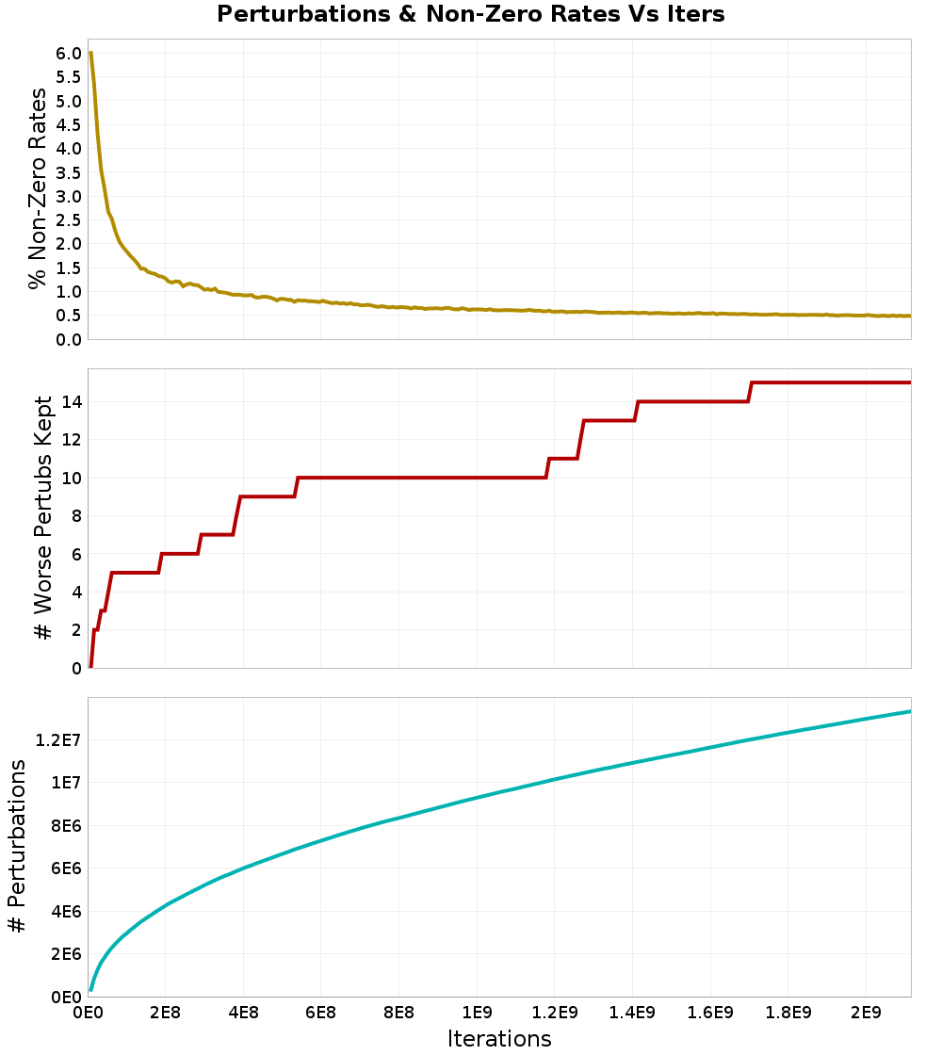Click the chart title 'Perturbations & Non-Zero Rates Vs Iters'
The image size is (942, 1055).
click(x=470, y=14)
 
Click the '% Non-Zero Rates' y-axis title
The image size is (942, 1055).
click(x=39, y=188)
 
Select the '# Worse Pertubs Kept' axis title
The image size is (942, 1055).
click(x=43, y=517)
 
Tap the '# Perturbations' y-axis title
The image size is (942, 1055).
click(x=17, y=846)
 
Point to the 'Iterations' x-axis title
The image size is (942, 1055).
click(x=499, y=1039)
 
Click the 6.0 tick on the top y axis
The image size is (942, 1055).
click(x=69, y=54)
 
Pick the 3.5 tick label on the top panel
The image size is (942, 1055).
click(x=69, y=173)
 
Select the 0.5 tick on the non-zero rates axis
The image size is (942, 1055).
click(x=69, y=316)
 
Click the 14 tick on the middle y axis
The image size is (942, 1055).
click(x=72, y=402)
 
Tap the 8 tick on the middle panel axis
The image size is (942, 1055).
click(x=76, y=516)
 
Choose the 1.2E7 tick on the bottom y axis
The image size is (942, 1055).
click(x=58, y=740)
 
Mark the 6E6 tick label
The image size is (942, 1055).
click(x=66, y=868)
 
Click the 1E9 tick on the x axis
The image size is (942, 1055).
click(x=477, y=1013)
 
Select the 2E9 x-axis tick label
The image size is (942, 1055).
click(x=866, y=1013)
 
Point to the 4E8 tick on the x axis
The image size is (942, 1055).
click(x=243, y=1013)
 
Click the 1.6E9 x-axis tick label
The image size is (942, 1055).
click(x=710, y=1013)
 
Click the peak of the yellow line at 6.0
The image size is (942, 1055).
click(x=90, y=53)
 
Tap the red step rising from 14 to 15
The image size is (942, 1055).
click(x=750, y=392)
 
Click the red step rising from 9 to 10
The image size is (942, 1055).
click(x=296, y=487)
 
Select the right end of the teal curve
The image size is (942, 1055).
click(x=910, y=711)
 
